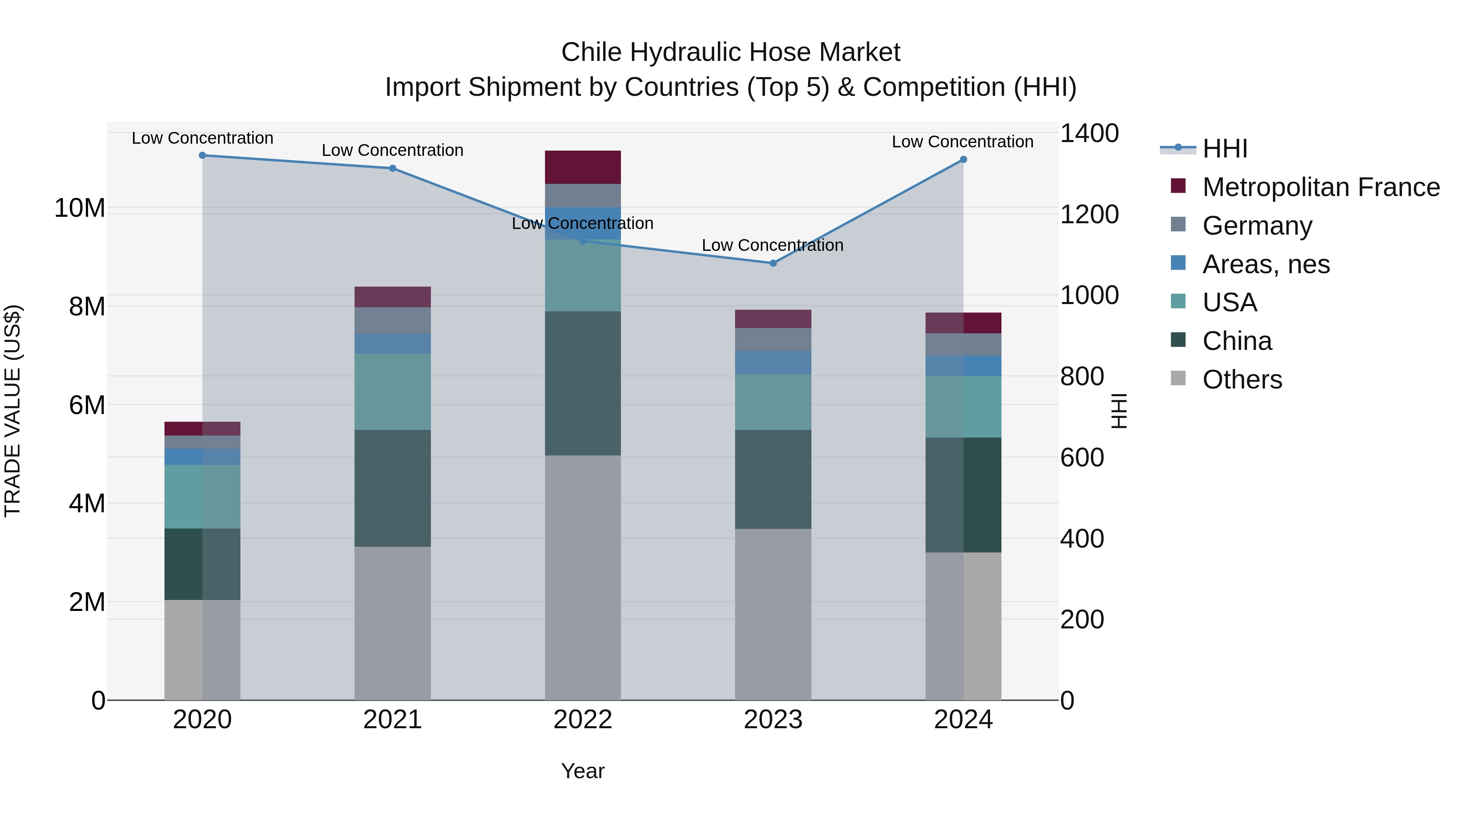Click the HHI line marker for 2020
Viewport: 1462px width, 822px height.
pos(203,155)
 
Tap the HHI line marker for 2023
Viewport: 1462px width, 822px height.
pos(773,263)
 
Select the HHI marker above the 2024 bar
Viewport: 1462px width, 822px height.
pos(963,160)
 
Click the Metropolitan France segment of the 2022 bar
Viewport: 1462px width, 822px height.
pos(583,167)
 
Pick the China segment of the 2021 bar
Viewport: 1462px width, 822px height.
pos(393,488)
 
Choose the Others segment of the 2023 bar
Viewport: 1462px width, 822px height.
pos(773,615)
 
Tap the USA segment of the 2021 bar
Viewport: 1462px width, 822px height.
pos(393,392)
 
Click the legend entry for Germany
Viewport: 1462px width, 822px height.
pos(1257,226)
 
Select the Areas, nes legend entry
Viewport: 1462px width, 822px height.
pos(1265,264)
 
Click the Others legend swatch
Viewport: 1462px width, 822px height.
pos(1178,378)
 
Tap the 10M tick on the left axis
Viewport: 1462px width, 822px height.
pos(80,208)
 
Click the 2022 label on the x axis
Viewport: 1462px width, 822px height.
pos(583,720)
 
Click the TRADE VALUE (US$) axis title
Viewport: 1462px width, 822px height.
pos(13,411)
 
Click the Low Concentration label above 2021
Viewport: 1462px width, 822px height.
pos(393,150)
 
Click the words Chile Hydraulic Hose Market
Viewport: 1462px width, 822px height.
pos(731,52)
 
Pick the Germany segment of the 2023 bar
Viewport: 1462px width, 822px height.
pos(773,340)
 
